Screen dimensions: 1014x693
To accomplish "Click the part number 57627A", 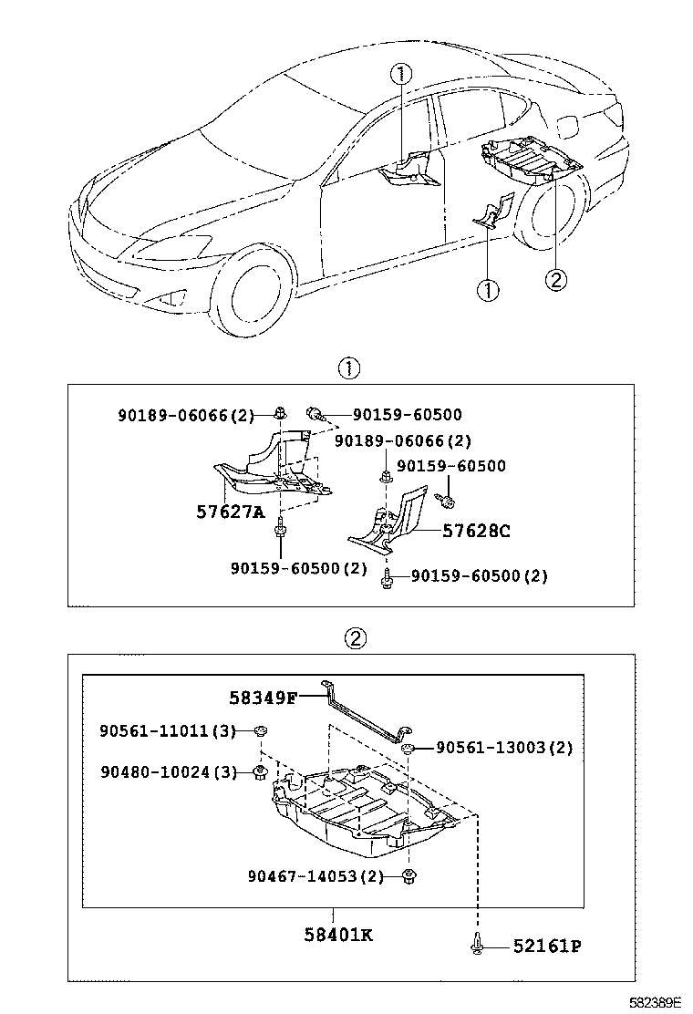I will (230, 512).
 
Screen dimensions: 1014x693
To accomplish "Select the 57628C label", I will (476, 530).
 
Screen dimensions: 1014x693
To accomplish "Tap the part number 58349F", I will (263, 698).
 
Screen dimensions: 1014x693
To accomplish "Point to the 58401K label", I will (336, 934).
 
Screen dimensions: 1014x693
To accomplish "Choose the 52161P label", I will (545, 947).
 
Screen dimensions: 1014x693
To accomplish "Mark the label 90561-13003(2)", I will (503, 748).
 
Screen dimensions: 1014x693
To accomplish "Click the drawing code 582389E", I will (655, 1001).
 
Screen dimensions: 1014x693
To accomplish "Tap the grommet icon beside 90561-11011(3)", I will (259, 731).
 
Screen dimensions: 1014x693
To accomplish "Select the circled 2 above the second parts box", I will (356, 637).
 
